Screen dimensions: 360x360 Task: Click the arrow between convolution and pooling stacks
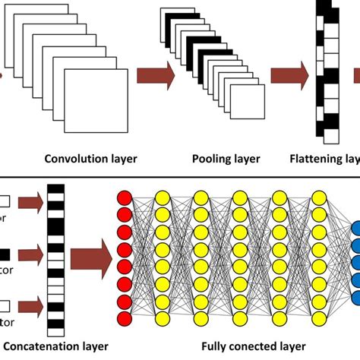[156, 74]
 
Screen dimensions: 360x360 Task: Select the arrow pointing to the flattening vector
[289, 74]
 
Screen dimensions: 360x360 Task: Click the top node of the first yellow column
[163, 198]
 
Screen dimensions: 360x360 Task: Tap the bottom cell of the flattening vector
[329, 137]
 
